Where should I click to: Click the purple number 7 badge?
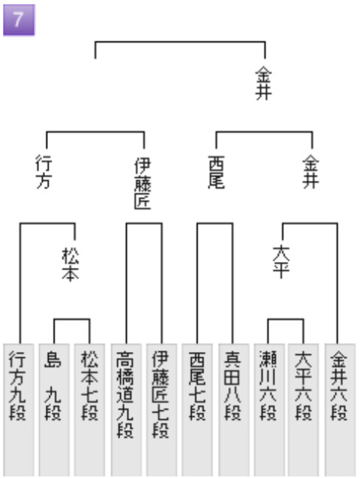coord(19,20)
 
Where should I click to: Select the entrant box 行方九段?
coord(18,410)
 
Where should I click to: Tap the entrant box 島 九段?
coord(54,410)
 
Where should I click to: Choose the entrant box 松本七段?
coord(89,410)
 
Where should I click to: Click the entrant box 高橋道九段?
coord(126,410)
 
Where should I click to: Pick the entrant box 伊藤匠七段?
coord(162,410)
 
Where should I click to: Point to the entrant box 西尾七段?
coord(197,410)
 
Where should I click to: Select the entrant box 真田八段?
coord(233,410)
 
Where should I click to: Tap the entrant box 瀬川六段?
coord(269,410)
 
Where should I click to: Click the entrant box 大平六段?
coord(303,410)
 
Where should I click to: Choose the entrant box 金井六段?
coord(340,410)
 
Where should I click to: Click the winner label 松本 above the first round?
coord(70,264)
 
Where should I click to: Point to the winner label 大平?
coord(281,262)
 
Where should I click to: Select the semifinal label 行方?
coord(44,172)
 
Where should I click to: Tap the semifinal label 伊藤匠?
coord(142,184)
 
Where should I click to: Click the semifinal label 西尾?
coord(216,172)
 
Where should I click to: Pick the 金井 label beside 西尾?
coord(311,172)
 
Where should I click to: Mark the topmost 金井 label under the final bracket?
coord(263,83)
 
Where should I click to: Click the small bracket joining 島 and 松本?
coord(72,319)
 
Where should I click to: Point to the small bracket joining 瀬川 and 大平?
coord(285,319)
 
